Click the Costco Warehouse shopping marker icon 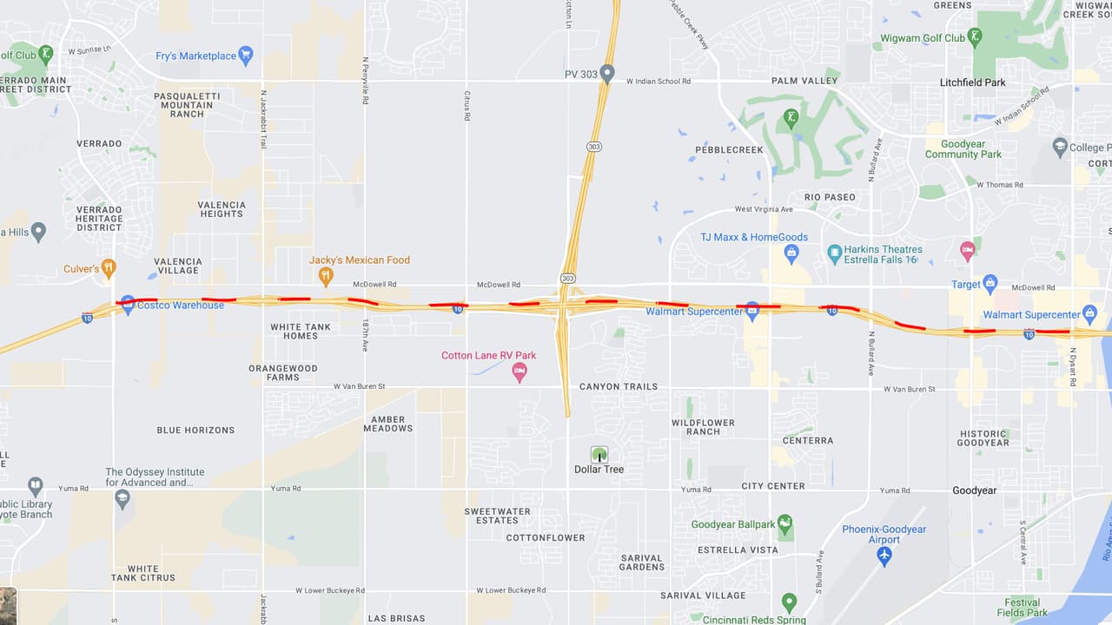point(128,304)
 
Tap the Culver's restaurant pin point(109,268)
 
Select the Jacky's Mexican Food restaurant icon point(326,276)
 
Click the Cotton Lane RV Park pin point(520,372)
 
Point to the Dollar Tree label point(599,470)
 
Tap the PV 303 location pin point(607,74)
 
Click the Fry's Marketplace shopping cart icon point(246,56)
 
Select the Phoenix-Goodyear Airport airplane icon point(884,555)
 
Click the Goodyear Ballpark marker point(785,523)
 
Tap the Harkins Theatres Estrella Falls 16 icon point(834,253)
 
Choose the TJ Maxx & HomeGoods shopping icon point(791,253)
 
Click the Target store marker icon point(990,284)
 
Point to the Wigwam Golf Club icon point(976,37)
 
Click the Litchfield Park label point(972,82)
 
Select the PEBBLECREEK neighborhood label point(729,150)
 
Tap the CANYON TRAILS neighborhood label point(619,386)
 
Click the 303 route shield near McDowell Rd point(567,278)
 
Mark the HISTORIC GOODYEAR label point(984,438)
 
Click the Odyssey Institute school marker point(122,498)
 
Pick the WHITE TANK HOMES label point(300,332)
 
